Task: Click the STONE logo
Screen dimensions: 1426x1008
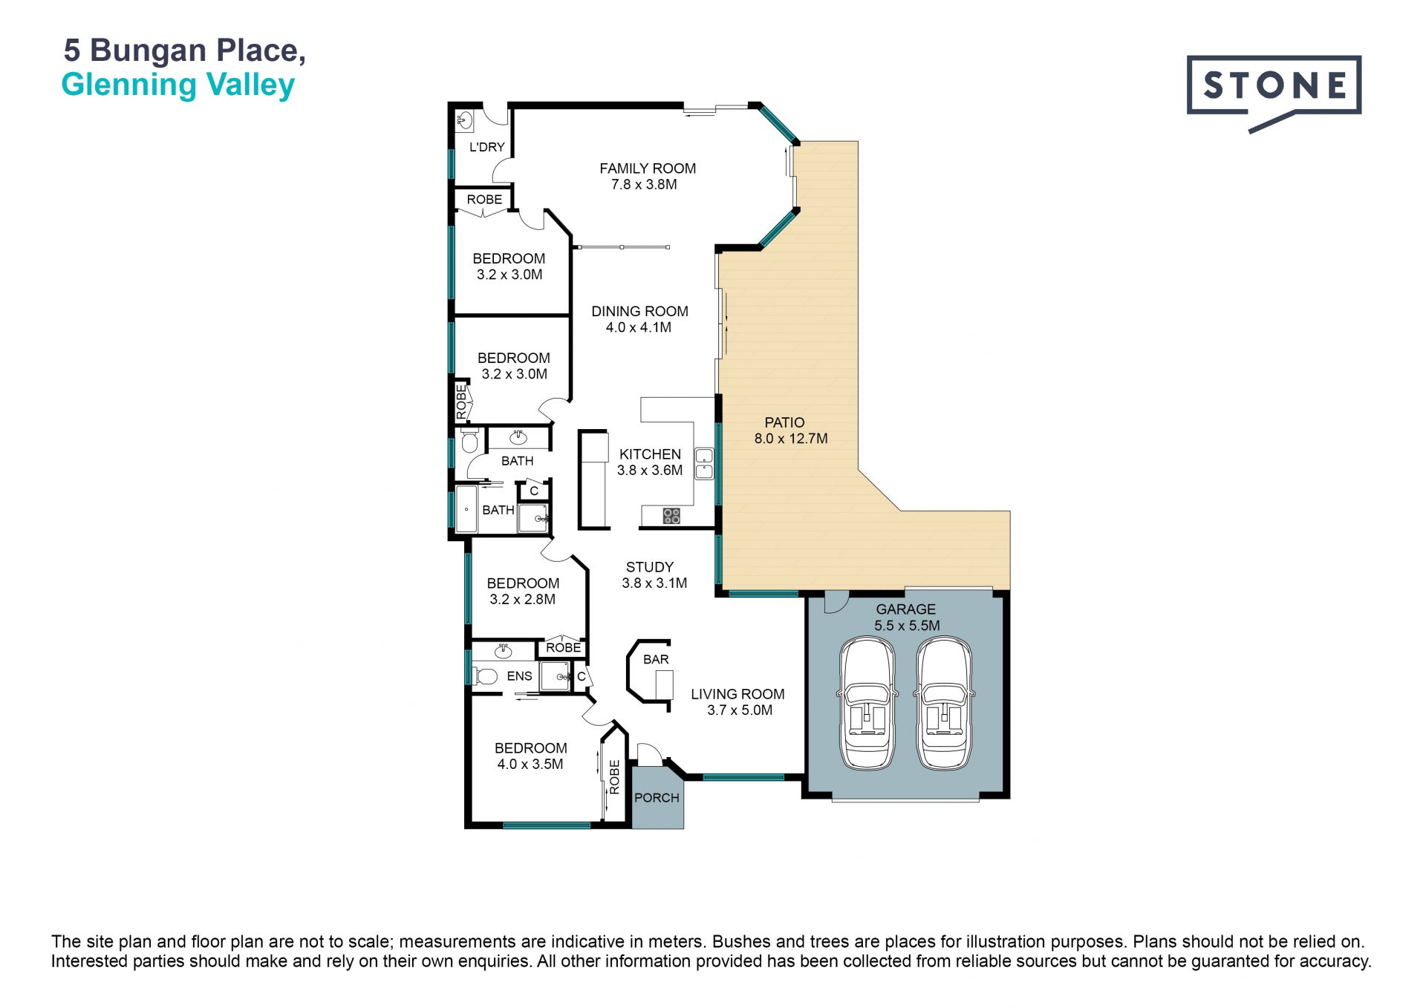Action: pyautogui.click(x=1274, y=94)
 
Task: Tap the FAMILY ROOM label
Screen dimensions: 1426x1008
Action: pyautogui.click(x=648, y=168)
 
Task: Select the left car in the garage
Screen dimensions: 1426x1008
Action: pyautogui.click(x=867, y=703)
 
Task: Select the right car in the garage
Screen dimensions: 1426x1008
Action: pyautogui.click(x=944, y=703)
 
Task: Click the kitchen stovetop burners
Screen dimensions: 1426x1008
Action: pyautogui.click(x=671, y=515)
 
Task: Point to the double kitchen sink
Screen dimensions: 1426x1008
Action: pyautogui.click(x=704, y=464)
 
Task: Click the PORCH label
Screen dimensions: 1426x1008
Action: pyautogui.click(x=657, y=798)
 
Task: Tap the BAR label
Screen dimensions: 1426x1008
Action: pyautogui.click(x=656, y=659)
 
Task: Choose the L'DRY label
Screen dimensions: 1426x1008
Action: pyautogui.click(x=487, y=147)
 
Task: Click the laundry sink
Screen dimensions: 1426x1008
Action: pyautogui.click(x=465, y=120)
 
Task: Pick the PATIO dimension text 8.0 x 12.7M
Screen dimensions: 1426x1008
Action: pyautogui.click(x=791, y=439)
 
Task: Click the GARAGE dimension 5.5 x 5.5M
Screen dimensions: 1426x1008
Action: pyautogui.click(x=907, y=626)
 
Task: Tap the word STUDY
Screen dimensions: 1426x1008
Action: pyautogui.click(x=650, y=567)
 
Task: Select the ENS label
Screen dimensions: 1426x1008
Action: pyautogui.click(x=520, y=676)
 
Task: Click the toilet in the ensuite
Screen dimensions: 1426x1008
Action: pyautogui.click(x=484, y=676)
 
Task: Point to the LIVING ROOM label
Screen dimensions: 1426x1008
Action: pyautogui.click(x=738, y=694)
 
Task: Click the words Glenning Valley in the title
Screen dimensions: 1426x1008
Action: pyautogui.click(x=178, y=85)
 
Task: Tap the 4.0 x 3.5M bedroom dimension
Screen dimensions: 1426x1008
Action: pyautogui.click(x=530, y=765)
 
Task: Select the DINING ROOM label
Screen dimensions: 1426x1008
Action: pyautogui.click(x=639, y=312)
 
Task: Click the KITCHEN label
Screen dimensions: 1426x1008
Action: pyautogui.click(x=650, y=454)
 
